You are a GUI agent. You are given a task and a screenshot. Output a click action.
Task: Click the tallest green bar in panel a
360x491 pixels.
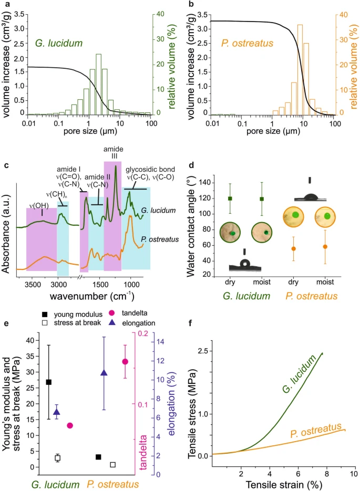coord(98,84)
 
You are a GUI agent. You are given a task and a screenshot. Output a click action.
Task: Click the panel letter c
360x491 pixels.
coord(6,166)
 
